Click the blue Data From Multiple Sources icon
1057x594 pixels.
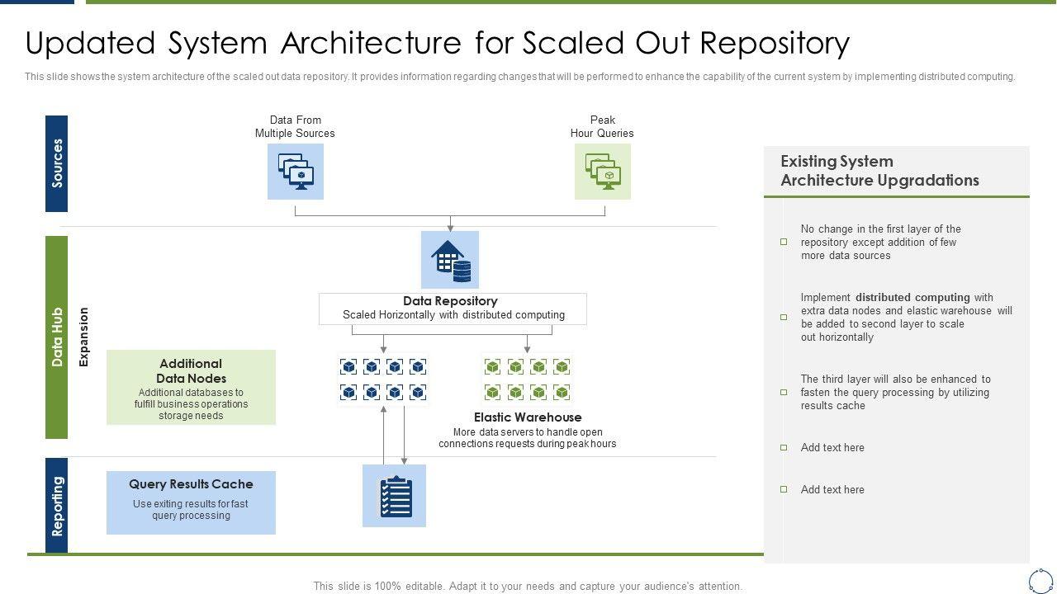pyautogui.click(x=296, y=172)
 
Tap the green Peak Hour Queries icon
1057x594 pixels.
pyautogui.click(x=603, y=172)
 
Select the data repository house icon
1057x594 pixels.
pyautogui.click(x=450, y=260)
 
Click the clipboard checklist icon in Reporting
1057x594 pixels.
pyautogui.click(x=395, y=496)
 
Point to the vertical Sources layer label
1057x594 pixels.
pyautogui.click(x=57, y=163)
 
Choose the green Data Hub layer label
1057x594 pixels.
pyautogui.click(x=57, y=337)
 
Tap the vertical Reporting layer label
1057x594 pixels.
pyautogui.click(x=57, y=505)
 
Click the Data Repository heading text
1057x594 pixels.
pyautogui.click(x=450, y=301)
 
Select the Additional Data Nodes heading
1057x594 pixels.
pyautogui.click(x=191, y=370)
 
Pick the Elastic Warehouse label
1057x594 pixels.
pyautogui.click(x=528, y=417)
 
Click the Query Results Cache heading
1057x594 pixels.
pyautogui.click(x=191, y=484)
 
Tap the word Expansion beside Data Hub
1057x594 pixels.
pyautogui.click(x=83, y=337)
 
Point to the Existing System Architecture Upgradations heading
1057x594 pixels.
pyautogui.click(x=879, y=171)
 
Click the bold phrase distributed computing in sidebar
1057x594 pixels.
pyautogui.click(x=912, y=298)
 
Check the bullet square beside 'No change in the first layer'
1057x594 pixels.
pyautogui.click(x=784, y=242)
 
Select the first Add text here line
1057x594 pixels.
pyautogui.click(x=832, y=448)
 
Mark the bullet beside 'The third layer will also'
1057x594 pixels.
pyautogui.click(x=784, y=393)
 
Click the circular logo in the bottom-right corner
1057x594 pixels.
pyautogui.click(x=1040, y=580)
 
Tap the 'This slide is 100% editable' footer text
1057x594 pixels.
pyautogui.click(x=528, y=587)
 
